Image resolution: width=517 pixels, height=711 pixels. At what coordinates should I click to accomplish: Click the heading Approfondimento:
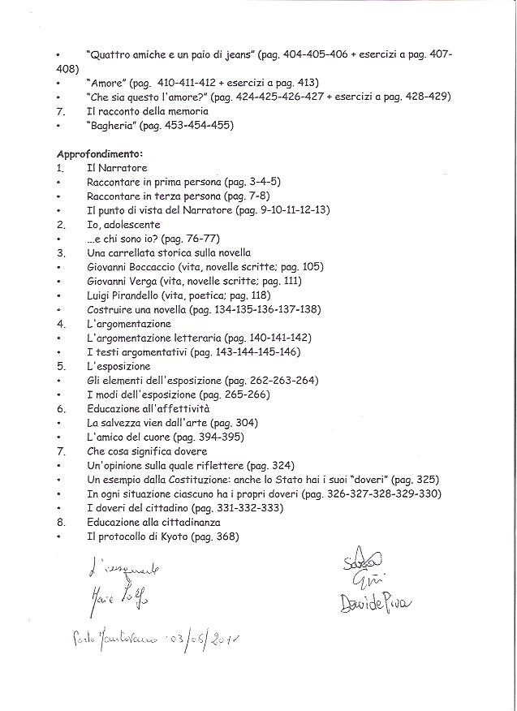tap(100, 153)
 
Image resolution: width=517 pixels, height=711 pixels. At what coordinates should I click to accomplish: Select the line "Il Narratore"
tap(117, 168)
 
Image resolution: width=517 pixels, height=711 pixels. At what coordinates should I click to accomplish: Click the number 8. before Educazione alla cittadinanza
tap(61, 522)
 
